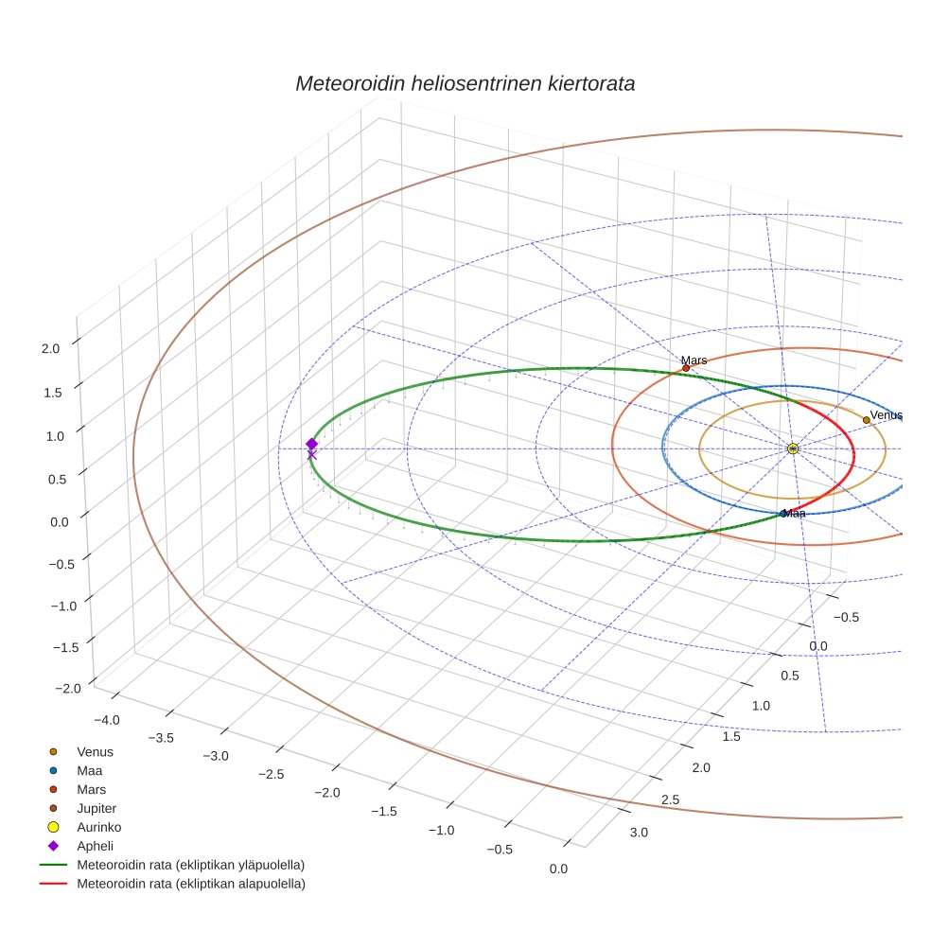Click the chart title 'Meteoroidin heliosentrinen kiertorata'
(465, 83)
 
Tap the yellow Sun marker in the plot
(793, 448)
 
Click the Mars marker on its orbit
(686, 368)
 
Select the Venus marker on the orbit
(866, 420)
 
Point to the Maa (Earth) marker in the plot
(782, 514)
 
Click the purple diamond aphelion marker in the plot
(311, 444)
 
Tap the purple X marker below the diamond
(311, 455)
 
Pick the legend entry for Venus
(95, 751)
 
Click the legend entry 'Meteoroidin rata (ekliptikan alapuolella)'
(191, 884)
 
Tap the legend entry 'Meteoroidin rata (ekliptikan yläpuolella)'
(191, 865)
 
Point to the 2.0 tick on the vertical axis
(51, 348)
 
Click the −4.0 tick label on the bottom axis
(107, 720)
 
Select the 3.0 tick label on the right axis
(640, 833)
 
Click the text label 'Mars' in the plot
(694, 360)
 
